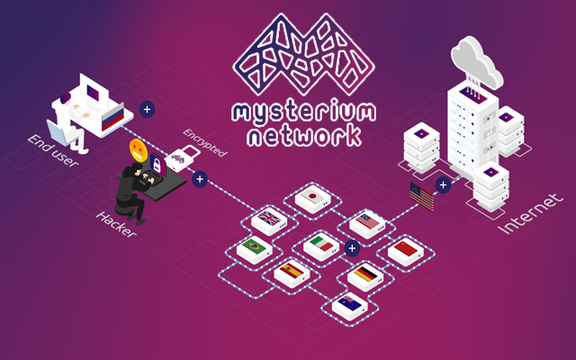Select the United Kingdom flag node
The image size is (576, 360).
(269, 219)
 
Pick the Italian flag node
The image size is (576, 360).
(320, 245)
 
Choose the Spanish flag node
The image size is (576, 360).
(291, 271)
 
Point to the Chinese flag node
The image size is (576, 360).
(405, 247)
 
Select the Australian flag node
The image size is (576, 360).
(349, 303)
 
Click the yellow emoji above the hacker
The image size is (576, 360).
(137, 148)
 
